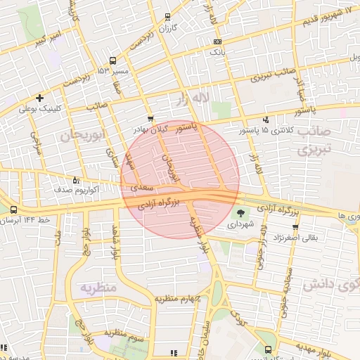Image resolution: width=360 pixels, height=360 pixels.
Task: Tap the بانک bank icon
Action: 217,42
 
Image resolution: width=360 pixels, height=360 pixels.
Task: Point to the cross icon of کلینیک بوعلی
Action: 39,98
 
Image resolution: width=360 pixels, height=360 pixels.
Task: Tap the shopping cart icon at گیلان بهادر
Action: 150,119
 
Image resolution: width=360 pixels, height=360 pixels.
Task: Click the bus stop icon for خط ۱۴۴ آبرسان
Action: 14,210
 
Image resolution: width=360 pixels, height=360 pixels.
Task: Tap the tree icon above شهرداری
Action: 241,212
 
